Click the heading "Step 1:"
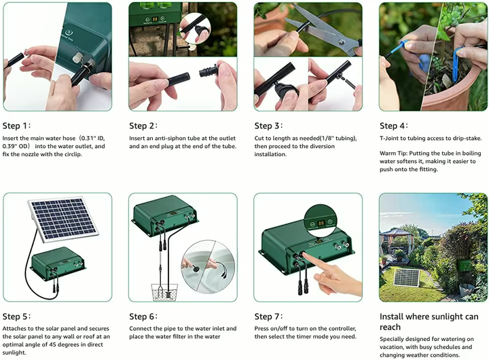point(16,126)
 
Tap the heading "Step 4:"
point(394,126)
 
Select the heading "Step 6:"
point(143,317)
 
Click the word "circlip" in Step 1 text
point(71,154)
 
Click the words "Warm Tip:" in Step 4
point(393,154)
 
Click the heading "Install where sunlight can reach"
point(429,322)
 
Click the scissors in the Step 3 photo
point(325,30)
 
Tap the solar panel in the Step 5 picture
point(64,219)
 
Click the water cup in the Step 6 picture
point(164,291)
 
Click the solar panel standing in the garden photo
point(406,278)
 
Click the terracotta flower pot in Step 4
point(449,90)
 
